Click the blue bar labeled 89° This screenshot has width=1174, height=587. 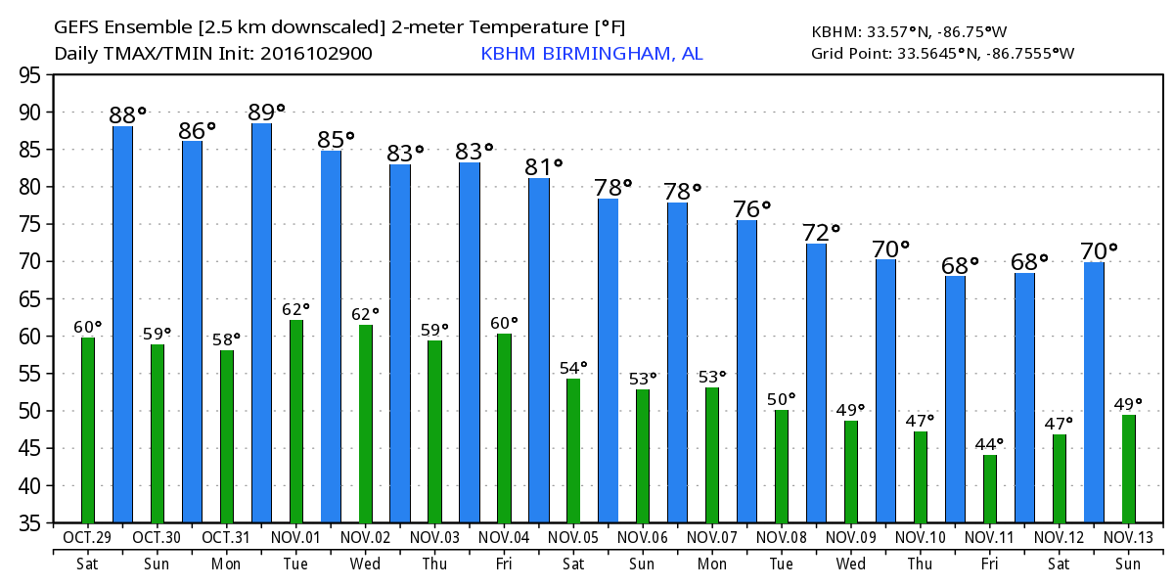pos(261,323)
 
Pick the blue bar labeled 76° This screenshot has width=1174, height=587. pos(746,372)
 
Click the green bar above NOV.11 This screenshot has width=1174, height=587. pos(990,489)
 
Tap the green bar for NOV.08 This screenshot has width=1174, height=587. pos(782,467)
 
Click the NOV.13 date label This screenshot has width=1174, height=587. pos(1128,538)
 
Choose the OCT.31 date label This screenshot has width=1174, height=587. pos(227,538)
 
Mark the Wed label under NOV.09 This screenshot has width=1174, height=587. pos(850,564)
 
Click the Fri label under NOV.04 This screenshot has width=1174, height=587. pos(504,564)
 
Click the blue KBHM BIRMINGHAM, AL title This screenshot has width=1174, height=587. pos(591,53)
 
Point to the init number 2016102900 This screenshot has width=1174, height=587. pos(316,53)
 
